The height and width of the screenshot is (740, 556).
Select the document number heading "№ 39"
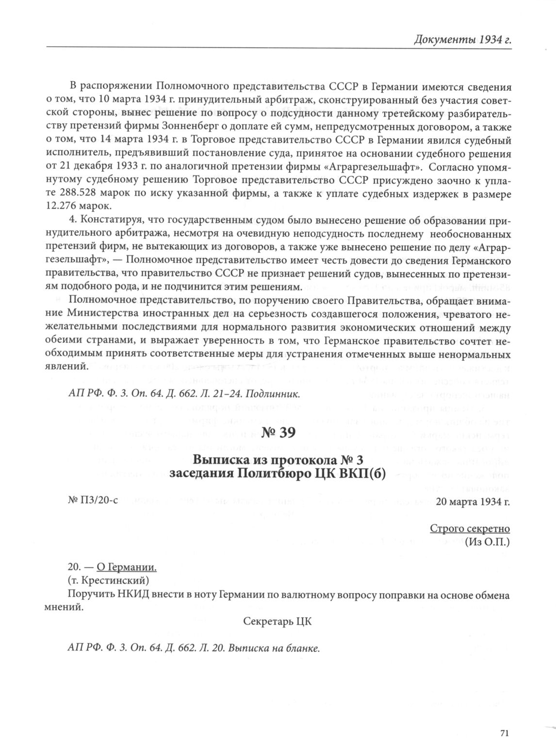tap(278, 432)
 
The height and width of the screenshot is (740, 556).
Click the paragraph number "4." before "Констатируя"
tap(74, 222)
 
